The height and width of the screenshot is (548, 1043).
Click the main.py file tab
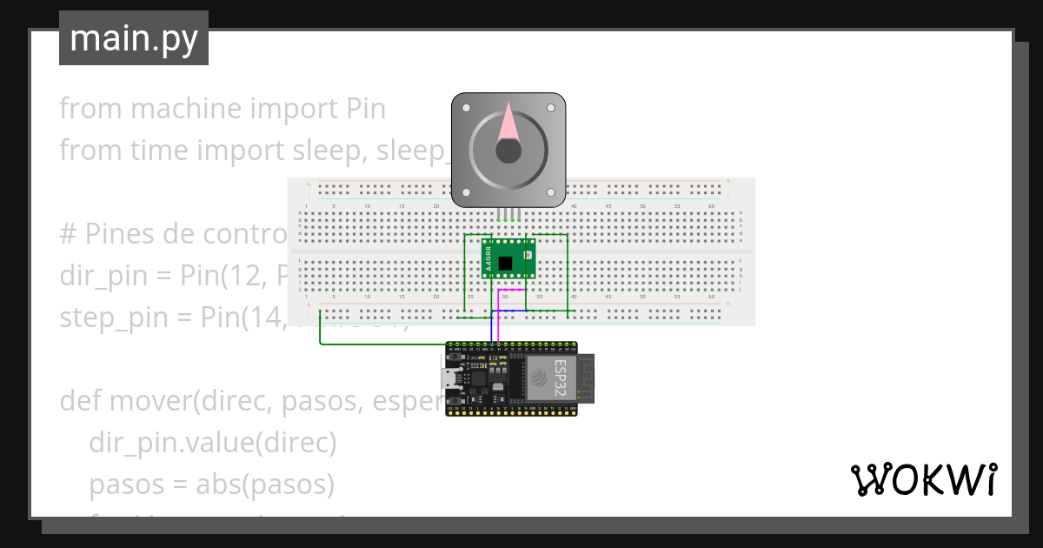click(x=134, y=38)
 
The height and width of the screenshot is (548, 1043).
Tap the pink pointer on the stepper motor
click(x=508, y=122)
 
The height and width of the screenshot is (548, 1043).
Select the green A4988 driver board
click(x=508, y=258)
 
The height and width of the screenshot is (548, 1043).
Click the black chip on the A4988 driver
click(x=505, y=263)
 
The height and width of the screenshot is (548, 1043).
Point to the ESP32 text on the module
click(x=561, y=378)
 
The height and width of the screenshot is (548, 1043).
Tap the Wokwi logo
click(x=923, y=479)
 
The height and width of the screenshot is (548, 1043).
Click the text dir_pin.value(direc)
click(x=212, y=443)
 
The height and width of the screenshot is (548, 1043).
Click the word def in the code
click(x=78, y=401)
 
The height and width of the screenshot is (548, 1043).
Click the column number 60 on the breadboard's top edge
click(x=711, y=206)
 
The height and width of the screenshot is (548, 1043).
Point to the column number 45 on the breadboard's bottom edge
click(x=608, y=297)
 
